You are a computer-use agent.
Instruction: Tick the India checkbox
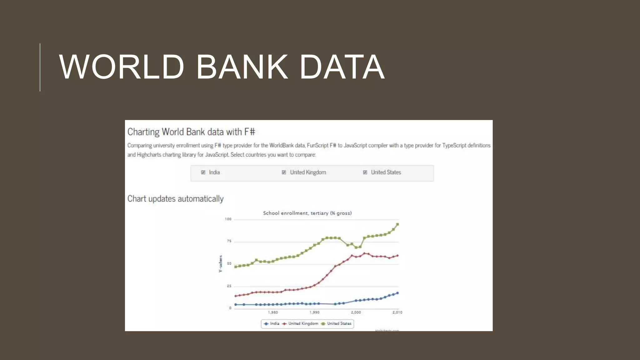click(x=203, y=172)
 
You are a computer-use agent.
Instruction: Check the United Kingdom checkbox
click(x=284, y=172)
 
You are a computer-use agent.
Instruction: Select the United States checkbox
click(x=365, y=172)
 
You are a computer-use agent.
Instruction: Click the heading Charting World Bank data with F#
click(x=191, y=132)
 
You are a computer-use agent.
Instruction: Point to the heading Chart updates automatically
click(x=175, y=199)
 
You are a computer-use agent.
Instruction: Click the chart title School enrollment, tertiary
click(x=307, y=213)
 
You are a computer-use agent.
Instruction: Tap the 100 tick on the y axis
click(x=228, y=219)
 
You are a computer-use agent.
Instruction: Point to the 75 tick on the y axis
click(x=229, y=241)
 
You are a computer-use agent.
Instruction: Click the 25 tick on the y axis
click(x=229, y=286)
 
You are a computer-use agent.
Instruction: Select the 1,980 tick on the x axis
click(x=273, y=312)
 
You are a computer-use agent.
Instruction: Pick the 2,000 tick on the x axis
click(x=356, y=312)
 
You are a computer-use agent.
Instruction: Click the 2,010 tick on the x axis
click(x=397, y=312)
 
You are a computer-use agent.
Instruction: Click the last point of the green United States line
click(x=397, y=224)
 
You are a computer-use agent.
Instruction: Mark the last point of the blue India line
click(x=397, y=293)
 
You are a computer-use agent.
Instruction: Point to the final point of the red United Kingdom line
click(x=397, y=256)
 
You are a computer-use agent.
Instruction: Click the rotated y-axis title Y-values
click(x=220, y=264)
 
